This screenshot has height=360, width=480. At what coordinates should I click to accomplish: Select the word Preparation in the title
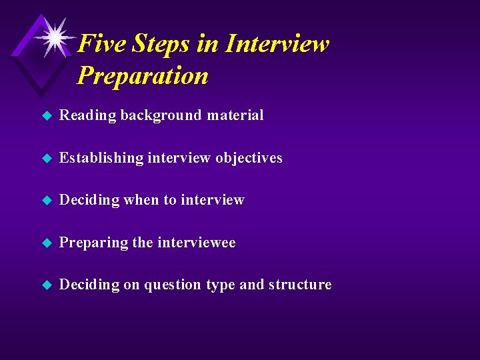(x=143, y=75)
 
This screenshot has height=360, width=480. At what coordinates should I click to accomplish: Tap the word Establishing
(x=101, y=158)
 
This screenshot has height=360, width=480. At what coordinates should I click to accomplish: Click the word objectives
(x=249, y=158)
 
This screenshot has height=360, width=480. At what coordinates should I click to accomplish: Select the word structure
(x=300, y=285)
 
